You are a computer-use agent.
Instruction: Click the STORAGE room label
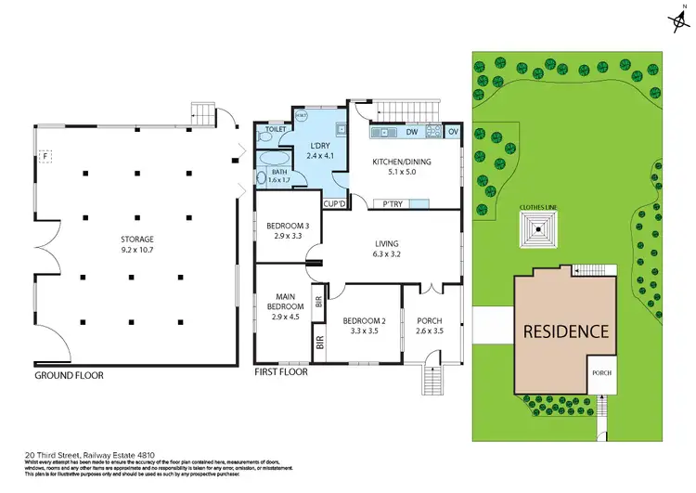point(136,239)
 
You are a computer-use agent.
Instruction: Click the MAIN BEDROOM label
point(285,301)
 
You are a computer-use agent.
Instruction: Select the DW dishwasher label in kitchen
point(411,133)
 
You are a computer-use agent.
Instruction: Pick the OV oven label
point(453,133)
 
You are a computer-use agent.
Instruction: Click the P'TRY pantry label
point(384,203)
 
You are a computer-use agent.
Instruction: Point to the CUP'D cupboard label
point(333,203)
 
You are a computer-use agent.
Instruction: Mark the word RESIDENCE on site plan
point(566,331)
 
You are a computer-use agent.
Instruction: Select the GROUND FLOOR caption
point(70,375)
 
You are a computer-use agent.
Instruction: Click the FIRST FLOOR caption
point(281,371)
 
